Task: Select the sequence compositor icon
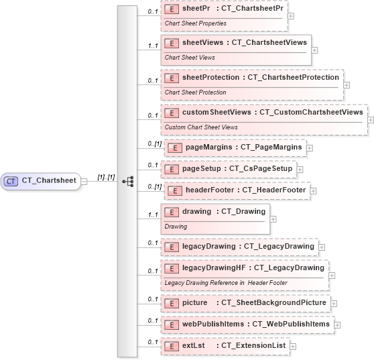127,181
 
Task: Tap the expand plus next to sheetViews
314,50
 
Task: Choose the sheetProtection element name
210,78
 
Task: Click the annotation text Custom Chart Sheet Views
201,127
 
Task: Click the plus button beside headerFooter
314,191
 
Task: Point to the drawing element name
196,212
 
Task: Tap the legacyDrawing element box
239,247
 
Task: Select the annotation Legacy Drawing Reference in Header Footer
226,283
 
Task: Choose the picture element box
245,303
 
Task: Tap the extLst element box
225,346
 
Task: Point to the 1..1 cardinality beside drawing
152,215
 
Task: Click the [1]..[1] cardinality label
106,178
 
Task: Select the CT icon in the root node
11,181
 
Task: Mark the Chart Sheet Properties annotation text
195,23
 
